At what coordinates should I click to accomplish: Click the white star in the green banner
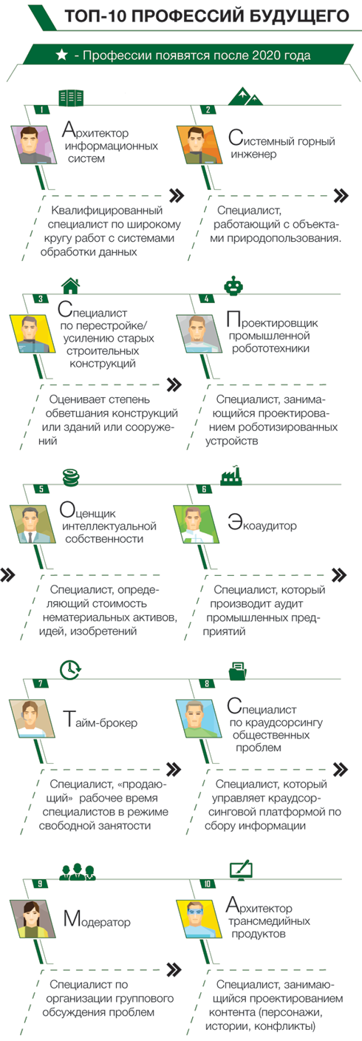[62, 55]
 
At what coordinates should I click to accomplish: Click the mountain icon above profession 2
[245, 95]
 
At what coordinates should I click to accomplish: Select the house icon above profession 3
[70, 286]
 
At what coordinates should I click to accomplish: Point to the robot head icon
[233, 286]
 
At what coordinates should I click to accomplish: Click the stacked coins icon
[70, 477]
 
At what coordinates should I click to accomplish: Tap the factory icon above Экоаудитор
[231, 475]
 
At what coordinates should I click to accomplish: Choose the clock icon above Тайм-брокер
[70, 670]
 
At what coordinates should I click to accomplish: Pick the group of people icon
[78, 872]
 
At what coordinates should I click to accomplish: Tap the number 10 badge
[207, 884]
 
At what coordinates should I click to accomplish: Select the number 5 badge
[41, 489]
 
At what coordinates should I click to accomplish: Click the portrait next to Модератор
[30, 919]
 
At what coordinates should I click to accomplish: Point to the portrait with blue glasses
[197, 919]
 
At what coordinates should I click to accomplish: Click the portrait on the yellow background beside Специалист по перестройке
[30, 333]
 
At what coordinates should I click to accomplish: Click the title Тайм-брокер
[100, 720]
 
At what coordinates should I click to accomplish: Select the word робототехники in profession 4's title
[270, 348]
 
